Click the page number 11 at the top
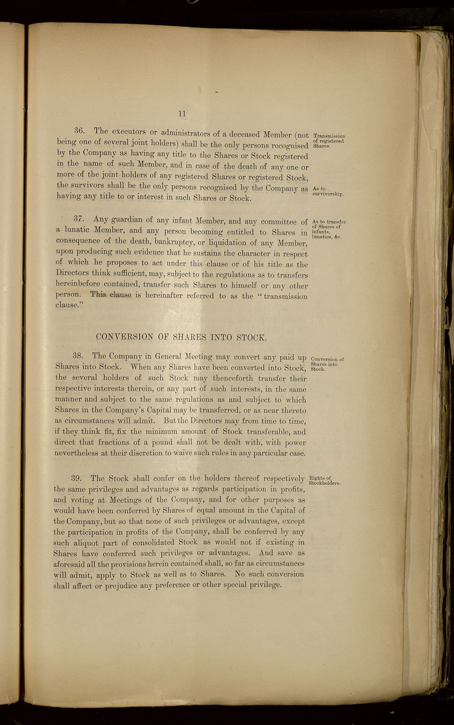coord(182,114)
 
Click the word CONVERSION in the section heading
coord(125,336)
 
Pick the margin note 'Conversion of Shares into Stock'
coord(327,364)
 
